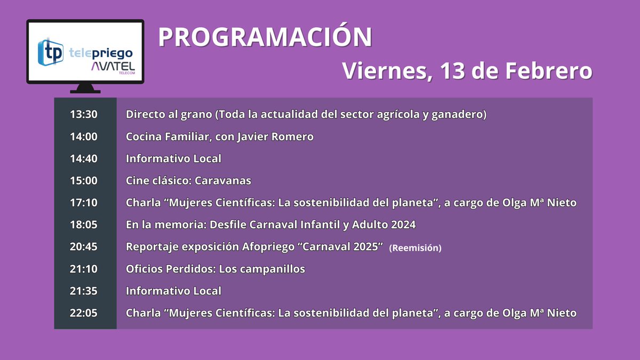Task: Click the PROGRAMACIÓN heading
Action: point(265,37)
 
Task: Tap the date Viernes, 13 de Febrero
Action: point(467,71)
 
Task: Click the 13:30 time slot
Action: point(84,114)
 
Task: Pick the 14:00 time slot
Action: point(84,137)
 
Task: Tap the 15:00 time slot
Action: point(84,181)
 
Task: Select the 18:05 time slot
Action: point(84,225)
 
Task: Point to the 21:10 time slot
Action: point(84,269)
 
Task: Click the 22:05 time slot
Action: point(84,313)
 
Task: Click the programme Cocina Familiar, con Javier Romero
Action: point(220,137)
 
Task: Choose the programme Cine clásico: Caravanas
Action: point(188,181)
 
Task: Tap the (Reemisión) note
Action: point(415,248)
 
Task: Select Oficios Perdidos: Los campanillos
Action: point(215,269)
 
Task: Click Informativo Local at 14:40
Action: point(173,158)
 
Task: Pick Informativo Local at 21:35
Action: point(173,291)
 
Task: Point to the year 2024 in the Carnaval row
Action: point(403,225)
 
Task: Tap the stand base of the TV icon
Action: point(85,89)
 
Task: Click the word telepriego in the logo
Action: point(101,53)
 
